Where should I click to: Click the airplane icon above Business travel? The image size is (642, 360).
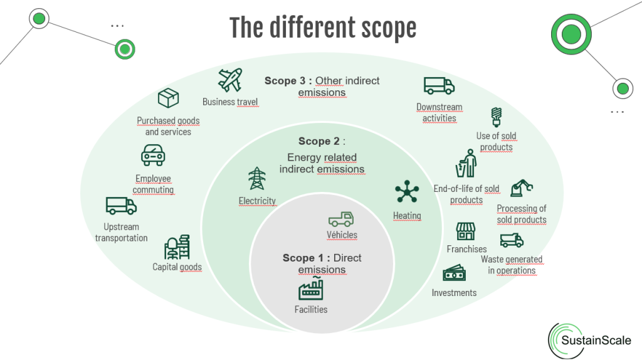tap(230, 80)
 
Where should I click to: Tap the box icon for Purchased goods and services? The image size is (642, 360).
tap(168, 98)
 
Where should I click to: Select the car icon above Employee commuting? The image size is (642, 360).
tap(153, 154)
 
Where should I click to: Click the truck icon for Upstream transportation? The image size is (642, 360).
tap(121, 206)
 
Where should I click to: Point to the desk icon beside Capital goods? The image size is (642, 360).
tap(177, 247)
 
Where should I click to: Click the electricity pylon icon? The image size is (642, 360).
tap(257, 179)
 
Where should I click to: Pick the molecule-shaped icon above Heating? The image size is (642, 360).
tap(407, 191)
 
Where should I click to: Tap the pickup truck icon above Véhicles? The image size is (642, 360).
tap(341, 219)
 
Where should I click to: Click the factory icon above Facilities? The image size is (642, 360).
tap(311, 289)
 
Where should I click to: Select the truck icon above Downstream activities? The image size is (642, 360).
tap(439, 86)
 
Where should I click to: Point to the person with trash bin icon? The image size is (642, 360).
tap(466, 164)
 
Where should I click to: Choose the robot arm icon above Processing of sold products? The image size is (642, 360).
tap(522, 188)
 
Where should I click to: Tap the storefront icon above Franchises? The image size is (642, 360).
tap(466, 231)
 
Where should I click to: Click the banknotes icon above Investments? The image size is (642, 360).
tap(454, 273)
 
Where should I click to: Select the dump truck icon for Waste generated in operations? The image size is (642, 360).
tap(512, 240)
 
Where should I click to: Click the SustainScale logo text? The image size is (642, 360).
tap(600, 341)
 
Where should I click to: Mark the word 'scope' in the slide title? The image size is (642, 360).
tap(382, 28)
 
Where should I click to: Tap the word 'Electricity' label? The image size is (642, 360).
tap(257, 201)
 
